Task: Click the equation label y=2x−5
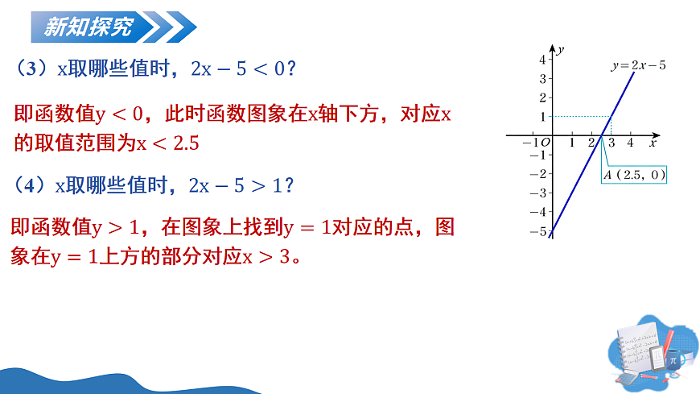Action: pos(638,65)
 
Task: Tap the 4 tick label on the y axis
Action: pos(543,60)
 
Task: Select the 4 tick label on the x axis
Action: pos(630,143)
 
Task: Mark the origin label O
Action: pos(546,143)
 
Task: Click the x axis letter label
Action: pos(653,142)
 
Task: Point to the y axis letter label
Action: pos(560,50)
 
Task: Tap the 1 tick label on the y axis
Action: pos(543,116)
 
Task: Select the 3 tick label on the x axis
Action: pos(611,143)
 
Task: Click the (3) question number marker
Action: pos(33,69)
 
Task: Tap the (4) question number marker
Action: pos(33,186)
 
